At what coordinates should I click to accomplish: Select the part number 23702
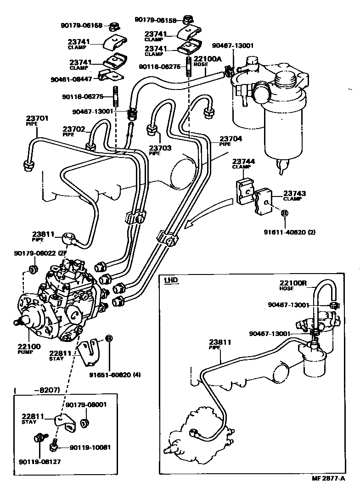click(x=74, y=129)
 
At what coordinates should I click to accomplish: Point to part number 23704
click(x=231, y=139)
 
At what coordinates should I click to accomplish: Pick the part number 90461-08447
click(x=72, y=79)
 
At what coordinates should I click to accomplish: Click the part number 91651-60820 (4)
click(x=115, y=374)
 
